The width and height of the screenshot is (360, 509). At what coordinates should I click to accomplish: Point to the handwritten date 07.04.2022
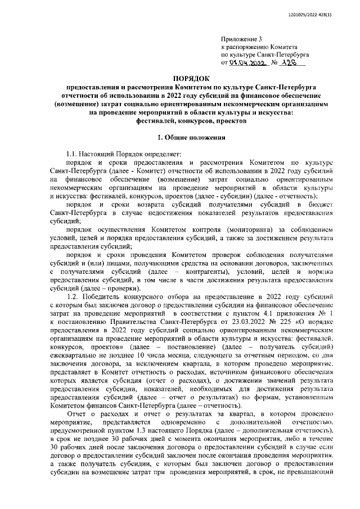pyautogui.click(x=246, y=64)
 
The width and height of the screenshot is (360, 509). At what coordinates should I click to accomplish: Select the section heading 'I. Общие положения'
pyautogui.click(x=191, y=137)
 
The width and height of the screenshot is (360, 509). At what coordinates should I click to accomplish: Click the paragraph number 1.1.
pyautogui.click(x=74, y=153)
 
